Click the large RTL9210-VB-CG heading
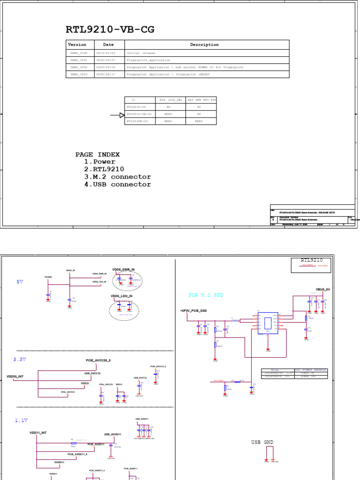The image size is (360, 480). point(110,30)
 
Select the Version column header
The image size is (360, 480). point(77,45)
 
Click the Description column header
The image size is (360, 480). point(204,45)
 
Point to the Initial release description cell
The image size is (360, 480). point(141,53)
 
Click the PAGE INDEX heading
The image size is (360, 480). point(97,154)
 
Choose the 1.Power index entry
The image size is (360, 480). point(99,162)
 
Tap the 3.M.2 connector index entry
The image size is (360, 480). point(117,177)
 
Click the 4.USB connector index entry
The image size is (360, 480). point(117,184)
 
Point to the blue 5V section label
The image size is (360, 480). point(20,282)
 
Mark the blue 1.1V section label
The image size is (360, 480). point(21,420)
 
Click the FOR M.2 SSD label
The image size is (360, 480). point(206,295)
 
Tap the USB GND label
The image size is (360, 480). point(262,442)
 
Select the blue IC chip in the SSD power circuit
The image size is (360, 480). point(268,323)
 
